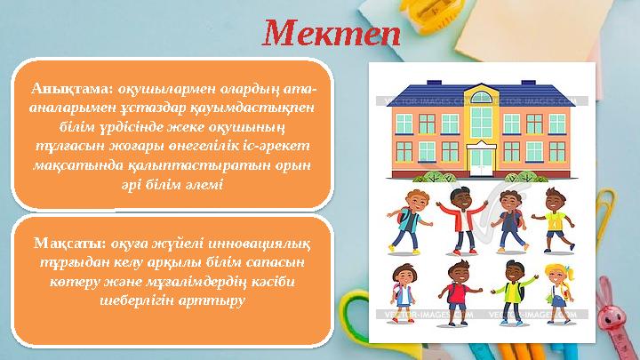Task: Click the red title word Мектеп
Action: pyautogui.click(x=332, y=34)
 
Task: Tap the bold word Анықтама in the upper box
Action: pyautogui.click(x=72, y=89)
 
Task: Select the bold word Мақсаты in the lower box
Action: pyautogui.click(x=70, y=244)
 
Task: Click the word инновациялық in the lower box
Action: pyautogui.click(x=259, y=244)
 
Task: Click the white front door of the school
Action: pyautogui.click(x=481, y=162)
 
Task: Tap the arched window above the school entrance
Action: pyautogui.click(x=481, y=98)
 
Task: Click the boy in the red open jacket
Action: pyautogui.click(x=462, y=220)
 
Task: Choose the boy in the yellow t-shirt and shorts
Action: pyautogui.click(x=555, y=220)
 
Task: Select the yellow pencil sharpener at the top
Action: pyautogui.click(x=429, y=15)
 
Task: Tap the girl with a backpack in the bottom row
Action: pyautogui.click(x=403, y=293)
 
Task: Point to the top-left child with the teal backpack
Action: pyautogui.click(x=409, y=221)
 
